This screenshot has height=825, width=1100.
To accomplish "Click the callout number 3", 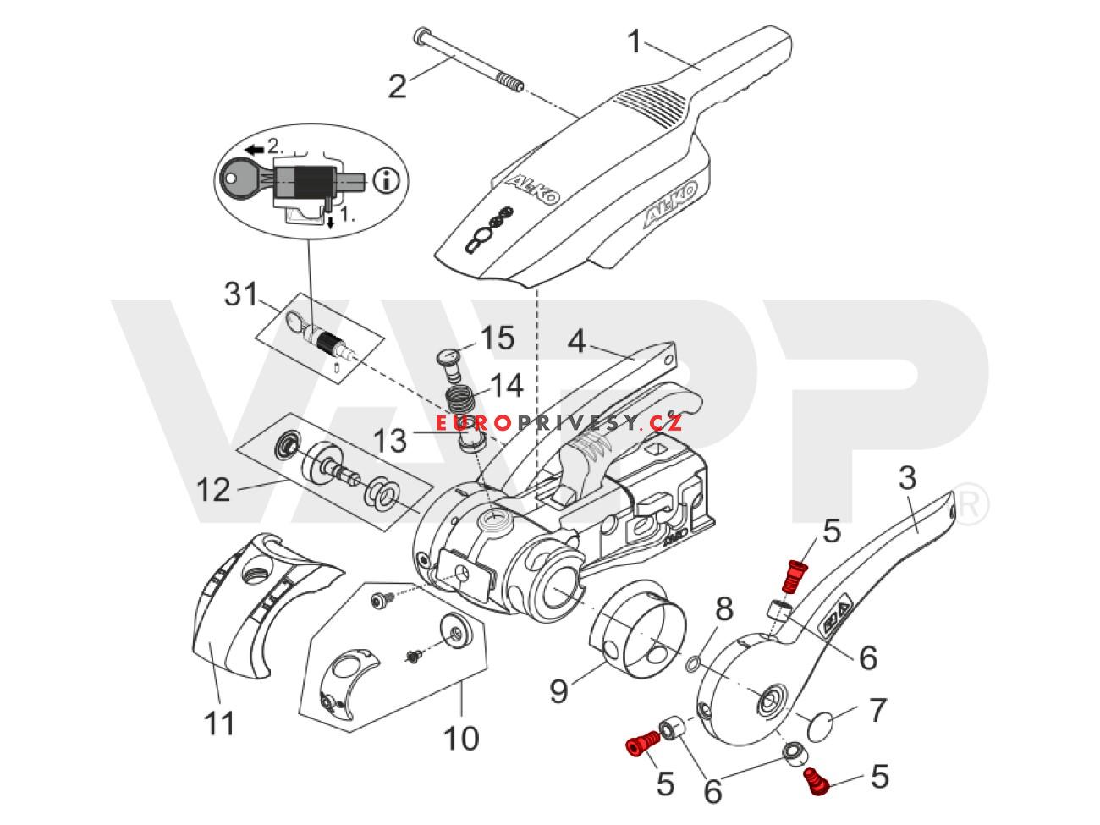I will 906,479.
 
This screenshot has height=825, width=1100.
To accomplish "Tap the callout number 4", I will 577,342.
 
